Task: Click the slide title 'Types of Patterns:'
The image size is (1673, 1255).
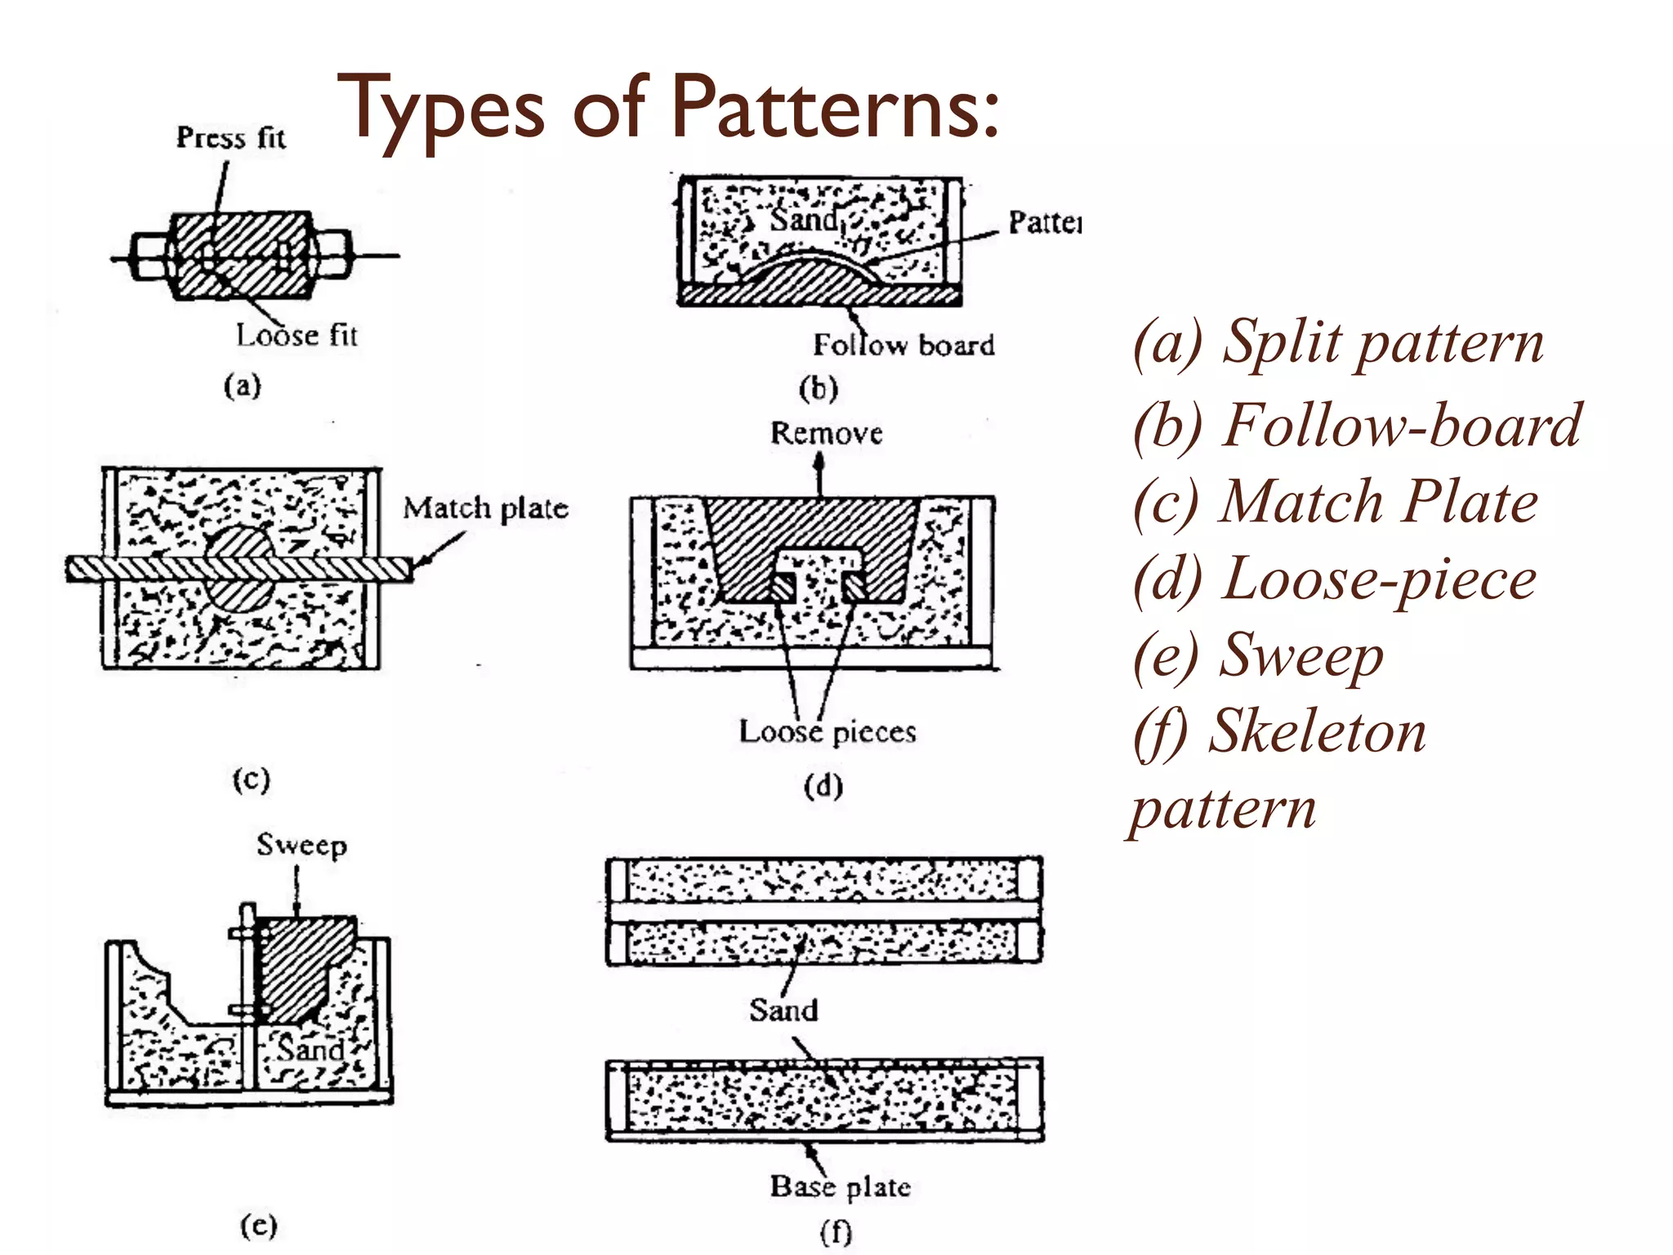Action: pyautogui.click(x=667, y=109)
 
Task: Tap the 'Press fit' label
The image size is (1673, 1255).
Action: pyautogui.click(x=231, y=137)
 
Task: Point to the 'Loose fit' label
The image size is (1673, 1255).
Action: pyautogui.click(x=297, y=335)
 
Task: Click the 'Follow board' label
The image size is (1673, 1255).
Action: pyautogui.click(x=903, y=345)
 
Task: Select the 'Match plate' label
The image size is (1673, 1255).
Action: pyautogui.click(x=485, y=508)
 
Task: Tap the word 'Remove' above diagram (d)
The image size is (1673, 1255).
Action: pyautogui.click(x=826, y=433)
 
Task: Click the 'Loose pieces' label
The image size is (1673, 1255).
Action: pyautogui.click(x=828, y=731)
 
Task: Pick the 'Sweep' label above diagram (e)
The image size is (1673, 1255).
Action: pyautogui.click(x=301, y=845)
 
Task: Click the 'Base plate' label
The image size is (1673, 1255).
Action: pyautogui.click(x=840, y=1186)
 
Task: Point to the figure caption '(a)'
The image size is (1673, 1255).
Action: pyautogui.click(x=243, y=386)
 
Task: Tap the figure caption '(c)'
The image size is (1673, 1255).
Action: pyautogui.click(x=251, y=779)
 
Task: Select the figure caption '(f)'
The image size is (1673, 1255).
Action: pyautogui.click(x=836, y=1232)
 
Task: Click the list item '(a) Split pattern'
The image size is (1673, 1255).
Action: pyautogui.click(x=1338, y=342)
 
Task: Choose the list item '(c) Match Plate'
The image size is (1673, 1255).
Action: pyautogui.click(x=1335, y=502)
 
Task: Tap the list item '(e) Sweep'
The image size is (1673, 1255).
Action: pyautogui.click(x=1258, y=656)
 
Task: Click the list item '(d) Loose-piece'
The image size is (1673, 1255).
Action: pyautogui.click(x=1335, y=579)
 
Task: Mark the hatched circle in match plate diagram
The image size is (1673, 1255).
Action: pyautogui.click(x=238, y=568)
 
